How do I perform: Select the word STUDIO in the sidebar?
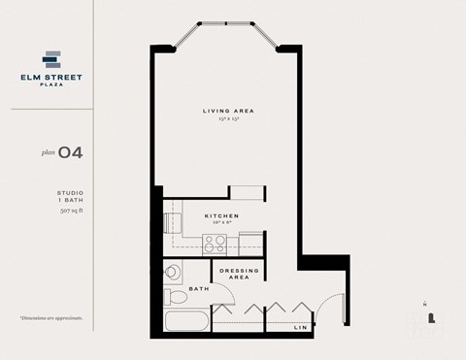tap(70, 194)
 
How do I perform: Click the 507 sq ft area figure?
tap(70, 211)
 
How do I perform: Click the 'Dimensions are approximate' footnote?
tap(50, 318)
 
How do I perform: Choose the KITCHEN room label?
tap(221, 216)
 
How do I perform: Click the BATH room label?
tap(198, 288)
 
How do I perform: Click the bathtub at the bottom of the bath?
tap(184, 324)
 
